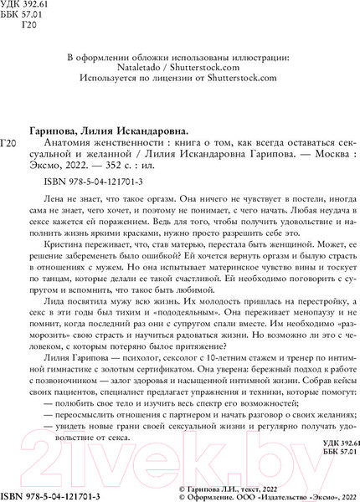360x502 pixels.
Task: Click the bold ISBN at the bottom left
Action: coord(49,496)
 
